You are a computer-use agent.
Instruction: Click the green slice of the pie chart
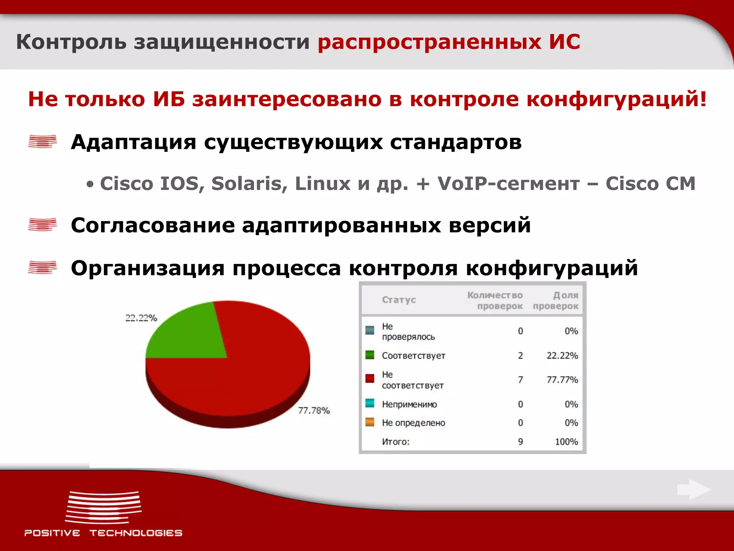click(x=186, y=334)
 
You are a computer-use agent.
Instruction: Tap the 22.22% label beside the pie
click(x=141, y=318)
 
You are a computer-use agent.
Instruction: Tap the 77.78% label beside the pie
click(x=314, y=410)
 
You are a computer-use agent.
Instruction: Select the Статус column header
click(x=399, y=300)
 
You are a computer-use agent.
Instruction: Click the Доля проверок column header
click(x=556, y=301)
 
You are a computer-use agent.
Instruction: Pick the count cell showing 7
click(x=520, y=380)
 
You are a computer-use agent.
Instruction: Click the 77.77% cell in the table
click(x=562, y=380)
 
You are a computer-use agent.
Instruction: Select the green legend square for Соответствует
click(x=370, y=355)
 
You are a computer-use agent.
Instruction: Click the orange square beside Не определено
click(x=370, y=422)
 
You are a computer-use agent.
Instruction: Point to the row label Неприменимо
click(x=409, y=404)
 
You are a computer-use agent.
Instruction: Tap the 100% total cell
click(x=566, y=442)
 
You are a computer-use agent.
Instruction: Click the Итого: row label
click(x=395, y=442)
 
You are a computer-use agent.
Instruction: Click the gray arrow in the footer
click(x=694, y=489)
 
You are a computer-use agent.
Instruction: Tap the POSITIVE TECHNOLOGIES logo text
click(x=103, y=533)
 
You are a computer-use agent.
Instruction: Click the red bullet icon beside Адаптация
click(x=42, y=141)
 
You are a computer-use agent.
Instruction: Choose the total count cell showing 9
click(x=520, y=442)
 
